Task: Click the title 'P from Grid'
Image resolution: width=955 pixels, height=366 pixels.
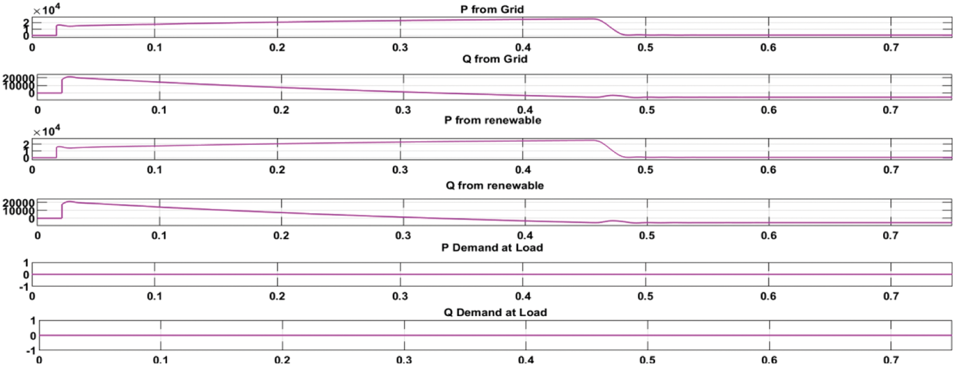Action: click(x=492, y=9)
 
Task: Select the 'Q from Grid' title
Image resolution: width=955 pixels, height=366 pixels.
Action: click(x=495, y=59)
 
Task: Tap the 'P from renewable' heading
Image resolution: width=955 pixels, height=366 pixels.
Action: click(x=492, y=120)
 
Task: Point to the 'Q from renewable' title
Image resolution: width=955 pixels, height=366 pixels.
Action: click(x=495, y=185)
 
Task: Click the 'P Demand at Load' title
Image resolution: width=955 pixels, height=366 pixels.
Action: click(x=492, y=247)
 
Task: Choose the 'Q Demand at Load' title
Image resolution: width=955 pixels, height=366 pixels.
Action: click(x=495, y=312)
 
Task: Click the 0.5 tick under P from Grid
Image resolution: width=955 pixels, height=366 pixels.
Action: click(x=645, y=48)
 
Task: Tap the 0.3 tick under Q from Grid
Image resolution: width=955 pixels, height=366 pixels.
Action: click(x=403, y=110)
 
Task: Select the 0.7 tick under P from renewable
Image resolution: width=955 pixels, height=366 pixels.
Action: click(x=891, y=170)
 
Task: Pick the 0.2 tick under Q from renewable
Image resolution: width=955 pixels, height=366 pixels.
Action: click(x=281, y=236)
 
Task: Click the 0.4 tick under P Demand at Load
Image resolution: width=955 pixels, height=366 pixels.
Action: click(x=523, y=296)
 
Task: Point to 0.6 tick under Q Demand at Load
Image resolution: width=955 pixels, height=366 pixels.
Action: click(x=769, y=360)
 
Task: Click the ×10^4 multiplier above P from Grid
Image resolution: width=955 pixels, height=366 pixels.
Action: click(x=47, y=9)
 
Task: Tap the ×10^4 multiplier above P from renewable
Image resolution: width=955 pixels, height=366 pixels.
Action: click(x=47, y=131)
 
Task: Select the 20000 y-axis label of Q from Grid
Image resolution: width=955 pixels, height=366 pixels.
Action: click(x=19, y=78)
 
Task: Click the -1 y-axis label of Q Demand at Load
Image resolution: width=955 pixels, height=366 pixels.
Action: click(x=30, y=351)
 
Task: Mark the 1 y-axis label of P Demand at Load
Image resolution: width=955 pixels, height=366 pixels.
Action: click(x=26, y=263)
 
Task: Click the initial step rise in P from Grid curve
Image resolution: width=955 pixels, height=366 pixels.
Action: click(x=56, y=30)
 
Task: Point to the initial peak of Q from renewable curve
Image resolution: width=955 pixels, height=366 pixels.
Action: click(x=70, y=201)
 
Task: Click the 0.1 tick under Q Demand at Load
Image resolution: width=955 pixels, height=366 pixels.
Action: click(x=160, y=360)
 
